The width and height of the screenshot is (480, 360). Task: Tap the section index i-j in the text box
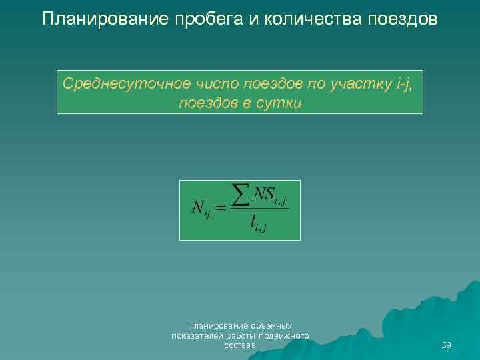407,85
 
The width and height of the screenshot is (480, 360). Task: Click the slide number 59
446,345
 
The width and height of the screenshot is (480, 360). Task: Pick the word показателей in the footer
194,336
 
